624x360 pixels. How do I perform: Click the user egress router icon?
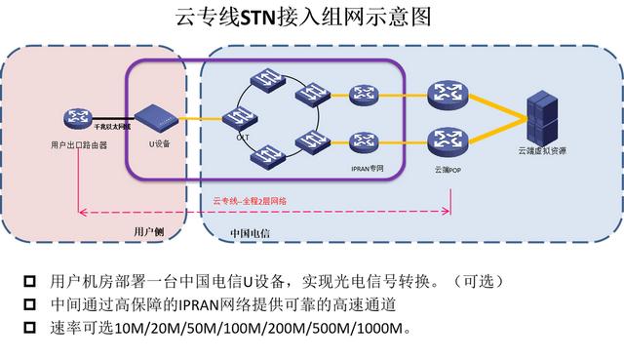(x=76, y=119)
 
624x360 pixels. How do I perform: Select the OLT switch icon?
(x=235, y=119)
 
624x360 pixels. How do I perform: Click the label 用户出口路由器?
(x=78, y=143)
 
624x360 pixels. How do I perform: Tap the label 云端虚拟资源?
(x=542, y=153)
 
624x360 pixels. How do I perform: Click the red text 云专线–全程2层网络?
(x=250, y=201)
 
